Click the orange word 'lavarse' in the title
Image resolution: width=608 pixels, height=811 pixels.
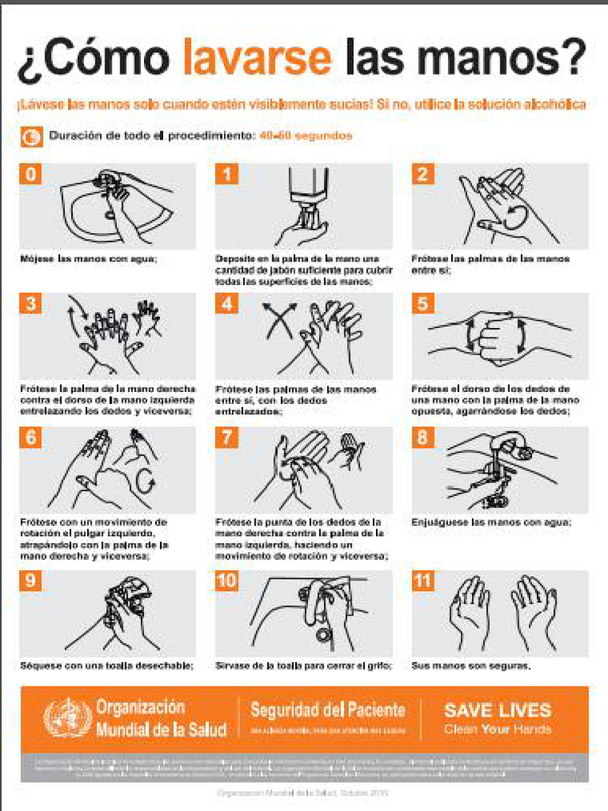tap(257, 58)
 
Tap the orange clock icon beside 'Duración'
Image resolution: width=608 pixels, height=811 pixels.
tap(31, 136)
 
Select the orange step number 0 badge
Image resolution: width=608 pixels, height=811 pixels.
tap(30, 174)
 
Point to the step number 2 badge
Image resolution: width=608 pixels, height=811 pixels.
tap(423, 174)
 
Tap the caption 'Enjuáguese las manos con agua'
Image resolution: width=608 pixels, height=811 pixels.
tap(492, 523)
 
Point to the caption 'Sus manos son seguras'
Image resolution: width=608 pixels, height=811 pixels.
tap(470, 666)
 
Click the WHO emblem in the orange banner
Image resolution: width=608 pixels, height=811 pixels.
tap(67, 718)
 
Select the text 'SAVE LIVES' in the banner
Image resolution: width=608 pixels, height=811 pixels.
tap(497, 710)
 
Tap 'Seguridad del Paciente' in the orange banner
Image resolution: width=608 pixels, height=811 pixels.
tap(327, 710)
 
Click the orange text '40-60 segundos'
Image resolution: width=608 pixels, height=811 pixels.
tap(306, 136)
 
